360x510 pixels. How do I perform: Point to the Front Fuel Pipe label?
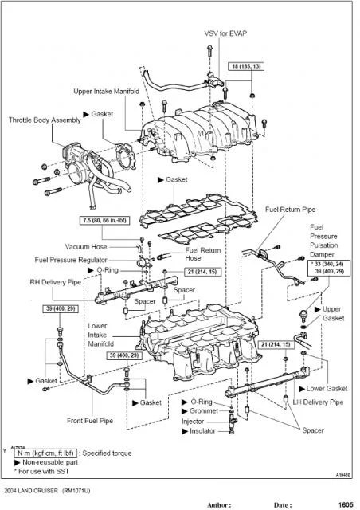pos(90,421)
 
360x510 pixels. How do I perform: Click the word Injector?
pos(194,421)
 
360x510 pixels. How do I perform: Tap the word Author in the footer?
pos(219,504)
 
